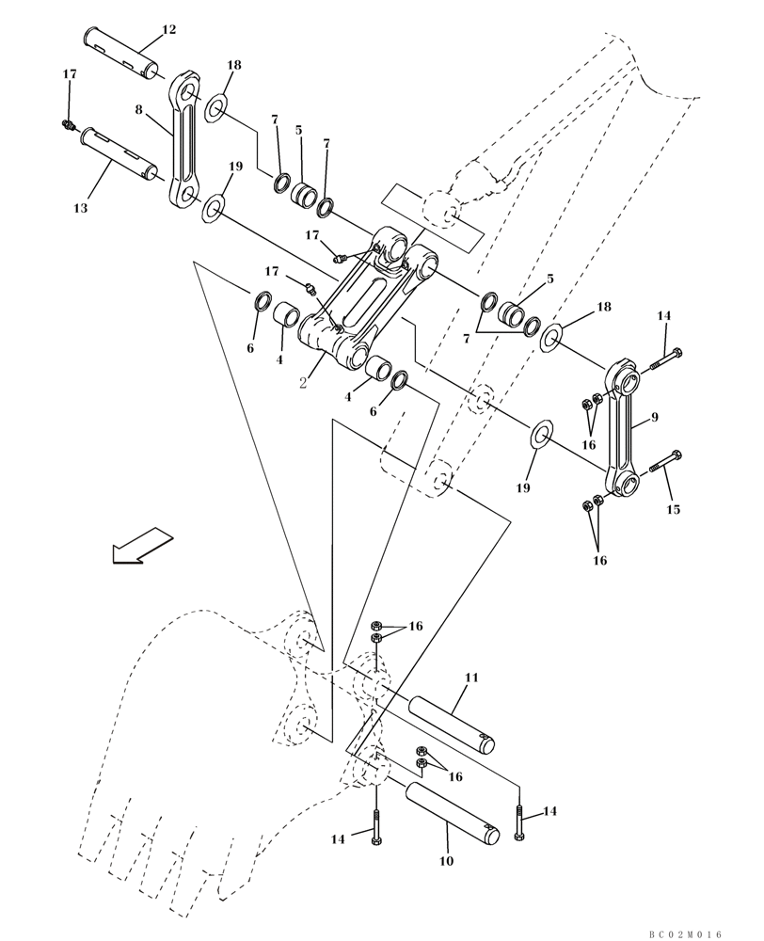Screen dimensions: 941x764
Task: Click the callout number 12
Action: (168, 30)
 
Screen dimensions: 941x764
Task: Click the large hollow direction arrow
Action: (141, 547)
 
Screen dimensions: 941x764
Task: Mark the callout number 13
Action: (81, 208)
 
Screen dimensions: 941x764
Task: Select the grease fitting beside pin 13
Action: (68, 124)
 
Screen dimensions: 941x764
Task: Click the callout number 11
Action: (471, 677)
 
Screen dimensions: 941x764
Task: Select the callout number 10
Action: (446, 860)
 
